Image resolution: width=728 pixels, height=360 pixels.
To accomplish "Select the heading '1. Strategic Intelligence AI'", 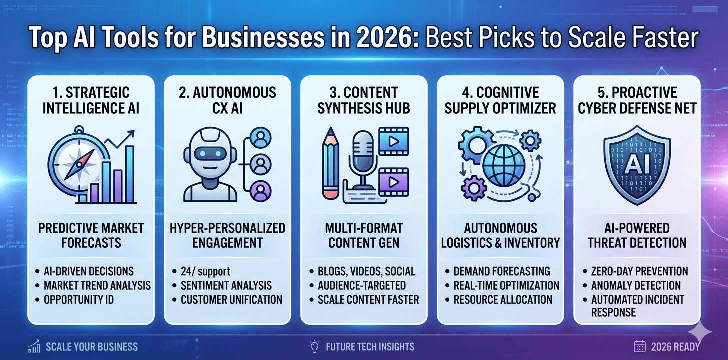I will tap(91, 100).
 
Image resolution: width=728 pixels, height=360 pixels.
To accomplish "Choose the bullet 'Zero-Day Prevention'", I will tap(639, 271).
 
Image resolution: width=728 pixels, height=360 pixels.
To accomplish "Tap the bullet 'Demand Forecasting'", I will tap(502, 271).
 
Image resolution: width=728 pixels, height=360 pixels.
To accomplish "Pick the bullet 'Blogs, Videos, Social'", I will tap(366, 271).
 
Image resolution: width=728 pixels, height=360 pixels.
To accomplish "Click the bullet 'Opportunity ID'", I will tap(79, 299).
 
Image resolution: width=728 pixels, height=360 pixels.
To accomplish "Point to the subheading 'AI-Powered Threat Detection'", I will tap(636, 236).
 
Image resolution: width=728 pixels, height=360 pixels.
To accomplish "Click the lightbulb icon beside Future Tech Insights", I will tap(314, 346).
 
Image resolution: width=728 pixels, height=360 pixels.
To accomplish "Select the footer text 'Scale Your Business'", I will tap(91, 346).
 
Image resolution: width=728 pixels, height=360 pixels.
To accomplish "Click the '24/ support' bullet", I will tap(205, 271).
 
